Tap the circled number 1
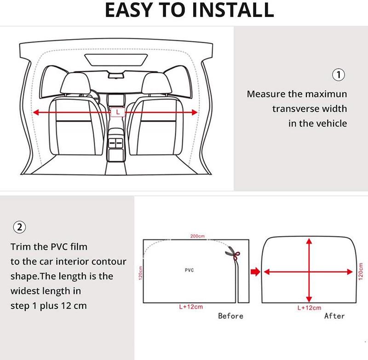pyautogui.click(x=338, y=75)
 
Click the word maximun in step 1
pyautogui.click(x=326, y=94)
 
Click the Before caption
pyautogui.click(x=230, y=316)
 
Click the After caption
pyautogui.click(x=334, y=316)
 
